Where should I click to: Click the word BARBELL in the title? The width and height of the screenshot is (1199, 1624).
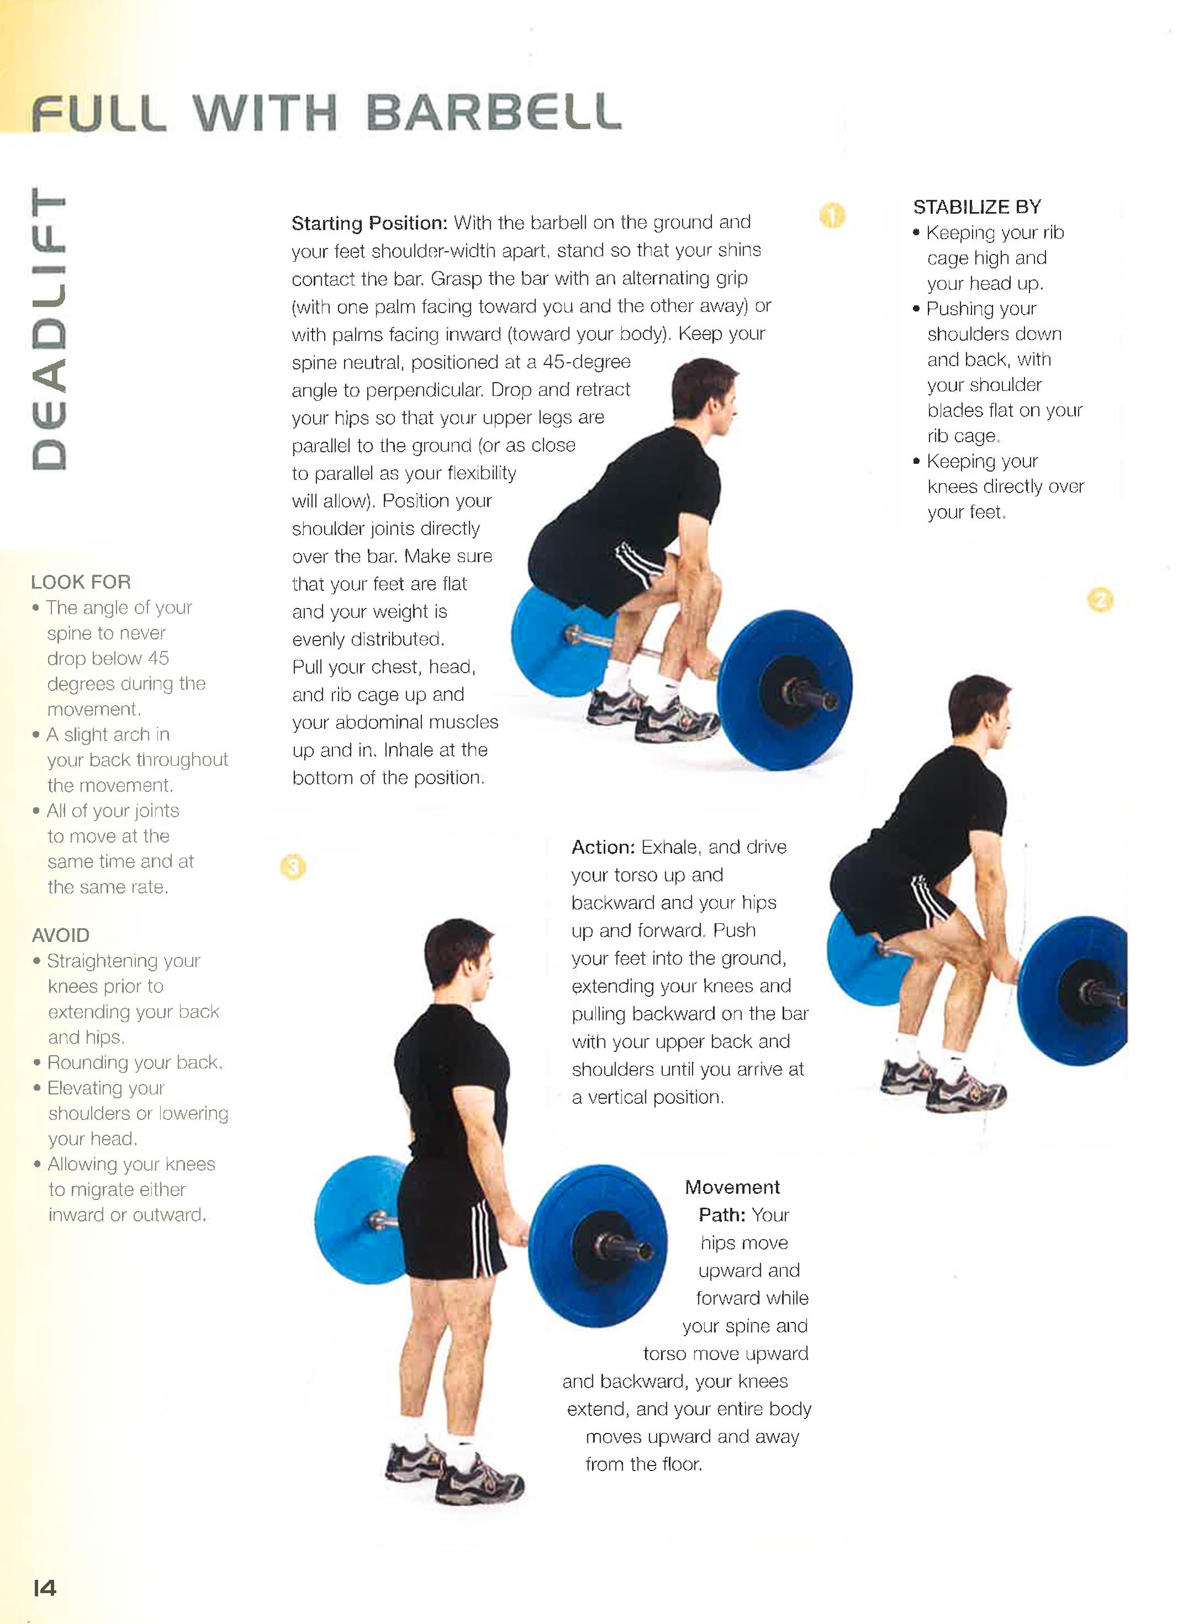pyautogui.click(x=494, y=113)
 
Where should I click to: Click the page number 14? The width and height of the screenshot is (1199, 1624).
pyautogui.click(x=45, y=1588)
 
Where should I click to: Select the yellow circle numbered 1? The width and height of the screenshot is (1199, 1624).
pyautogui.click(x=832, y=215)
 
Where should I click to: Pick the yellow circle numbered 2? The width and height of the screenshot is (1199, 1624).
pyautogui.click(x=1100, y=600)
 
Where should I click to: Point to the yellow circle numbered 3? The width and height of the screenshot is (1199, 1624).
pyautogui.click(x=293, y=867)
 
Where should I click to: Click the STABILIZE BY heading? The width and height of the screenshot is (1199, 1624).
pyautogui.click(x=977, y=208)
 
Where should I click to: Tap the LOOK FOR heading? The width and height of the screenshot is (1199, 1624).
pyautogui.click(x=81, y=582)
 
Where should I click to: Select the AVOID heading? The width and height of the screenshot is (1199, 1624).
pyautogui.click(x=61, y=935)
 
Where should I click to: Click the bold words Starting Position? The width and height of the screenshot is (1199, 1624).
pyautogui.click(x=369, y=223)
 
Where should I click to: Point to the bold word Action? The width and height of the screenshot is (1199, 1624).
pyautogui.click(x=603, y=847)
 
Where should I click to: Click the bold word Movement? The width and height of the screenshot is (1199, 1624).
pyautogui.click(x=733, y=1187)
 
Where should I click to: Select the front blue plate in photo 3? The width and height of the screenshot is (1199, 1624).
pyautogui.click(x=598, y=1246)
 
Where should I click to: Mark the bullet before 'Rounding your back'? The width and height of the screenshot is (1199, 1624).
pyautogui.click(x=37, y=1063)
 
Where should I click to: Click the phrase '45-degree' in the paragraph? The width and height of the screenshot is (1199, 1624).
pyautogui.click(x=586, y=362)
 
